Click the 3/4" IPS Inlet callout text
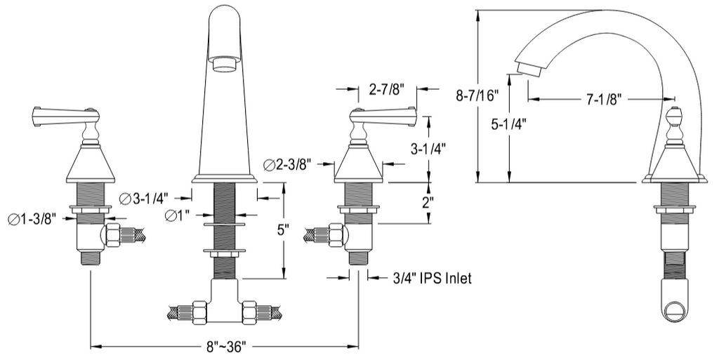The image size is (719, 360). [x=431, y=279]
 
